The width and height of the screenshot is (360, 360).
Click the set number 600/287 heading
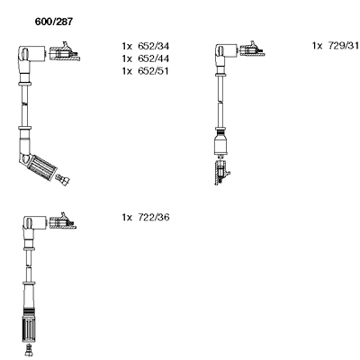pos(54,22)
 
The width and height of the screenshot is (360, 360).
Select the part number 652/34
pos(153,46)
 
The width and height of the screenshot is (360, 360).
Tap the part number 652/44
pos(153,58)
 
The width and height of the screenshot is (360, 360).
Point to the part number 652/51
pos(153,71)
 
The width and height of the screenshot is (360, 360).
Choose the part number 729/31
pos(344,46)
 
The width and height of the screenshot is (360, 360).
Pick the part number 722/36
pos(153,217)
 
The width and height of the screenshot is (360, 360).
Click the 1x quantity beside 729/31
pos(317,46)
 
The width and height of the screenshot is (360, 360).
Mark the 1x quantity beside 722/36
pos(127,217)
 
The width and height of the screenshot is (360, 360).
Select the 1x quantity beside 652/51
pos(127,71)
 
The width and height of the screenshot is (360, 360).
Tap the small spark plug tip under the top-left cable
pos(63,180)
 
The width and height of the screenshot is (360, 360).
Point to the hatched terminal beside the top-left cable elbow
pos(64,52)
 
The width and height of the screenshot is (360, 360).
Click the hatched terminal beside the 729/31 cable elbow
pos(252,49)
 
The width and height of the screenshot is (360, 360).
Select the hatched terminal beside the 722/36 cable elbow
pos(63,222)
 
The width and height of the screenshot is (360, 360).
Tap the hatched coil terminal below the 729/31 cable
pos(221,173)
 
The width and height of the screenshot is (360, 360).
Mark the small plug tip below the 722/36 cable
pos(29,350)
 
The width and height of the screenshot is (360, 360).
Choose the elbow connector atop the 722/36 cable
pos(33,227)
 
